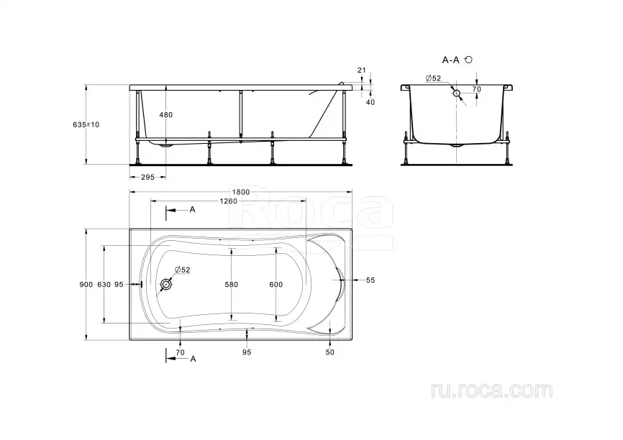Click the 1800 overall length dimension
pos(241,192)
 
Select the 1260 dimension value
pos(229,201)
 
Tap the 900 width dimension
pos(86,284)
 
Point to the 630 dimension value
pos(104,284)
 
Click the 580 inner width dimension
pos(231,284)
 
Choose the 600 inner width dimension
pos(276,284)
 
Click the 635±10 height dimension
pos(86,124)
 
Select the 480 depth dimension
pos(165,115)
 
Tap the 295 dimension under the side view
pos(147,177)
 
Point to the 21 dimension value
pos(362,70)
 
